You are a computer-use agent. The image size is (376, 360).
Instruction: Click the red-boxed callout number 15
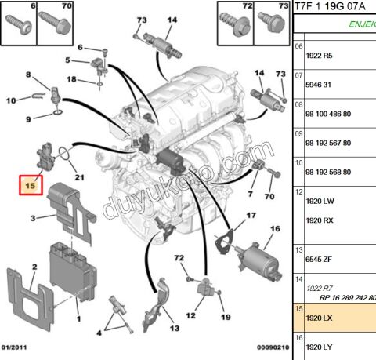(x=30, y=187)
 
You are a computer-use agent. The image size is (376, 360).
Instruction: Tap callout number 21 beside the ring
(x=78, y=178)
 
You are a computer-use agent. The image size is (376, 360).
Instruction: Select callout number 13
(x=174, y=328)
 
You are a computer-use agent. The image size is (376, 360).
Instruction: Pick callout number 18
(x=71, y=79)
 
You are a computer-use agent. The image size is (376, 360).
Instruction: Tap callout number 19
(x=226, y=318)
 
